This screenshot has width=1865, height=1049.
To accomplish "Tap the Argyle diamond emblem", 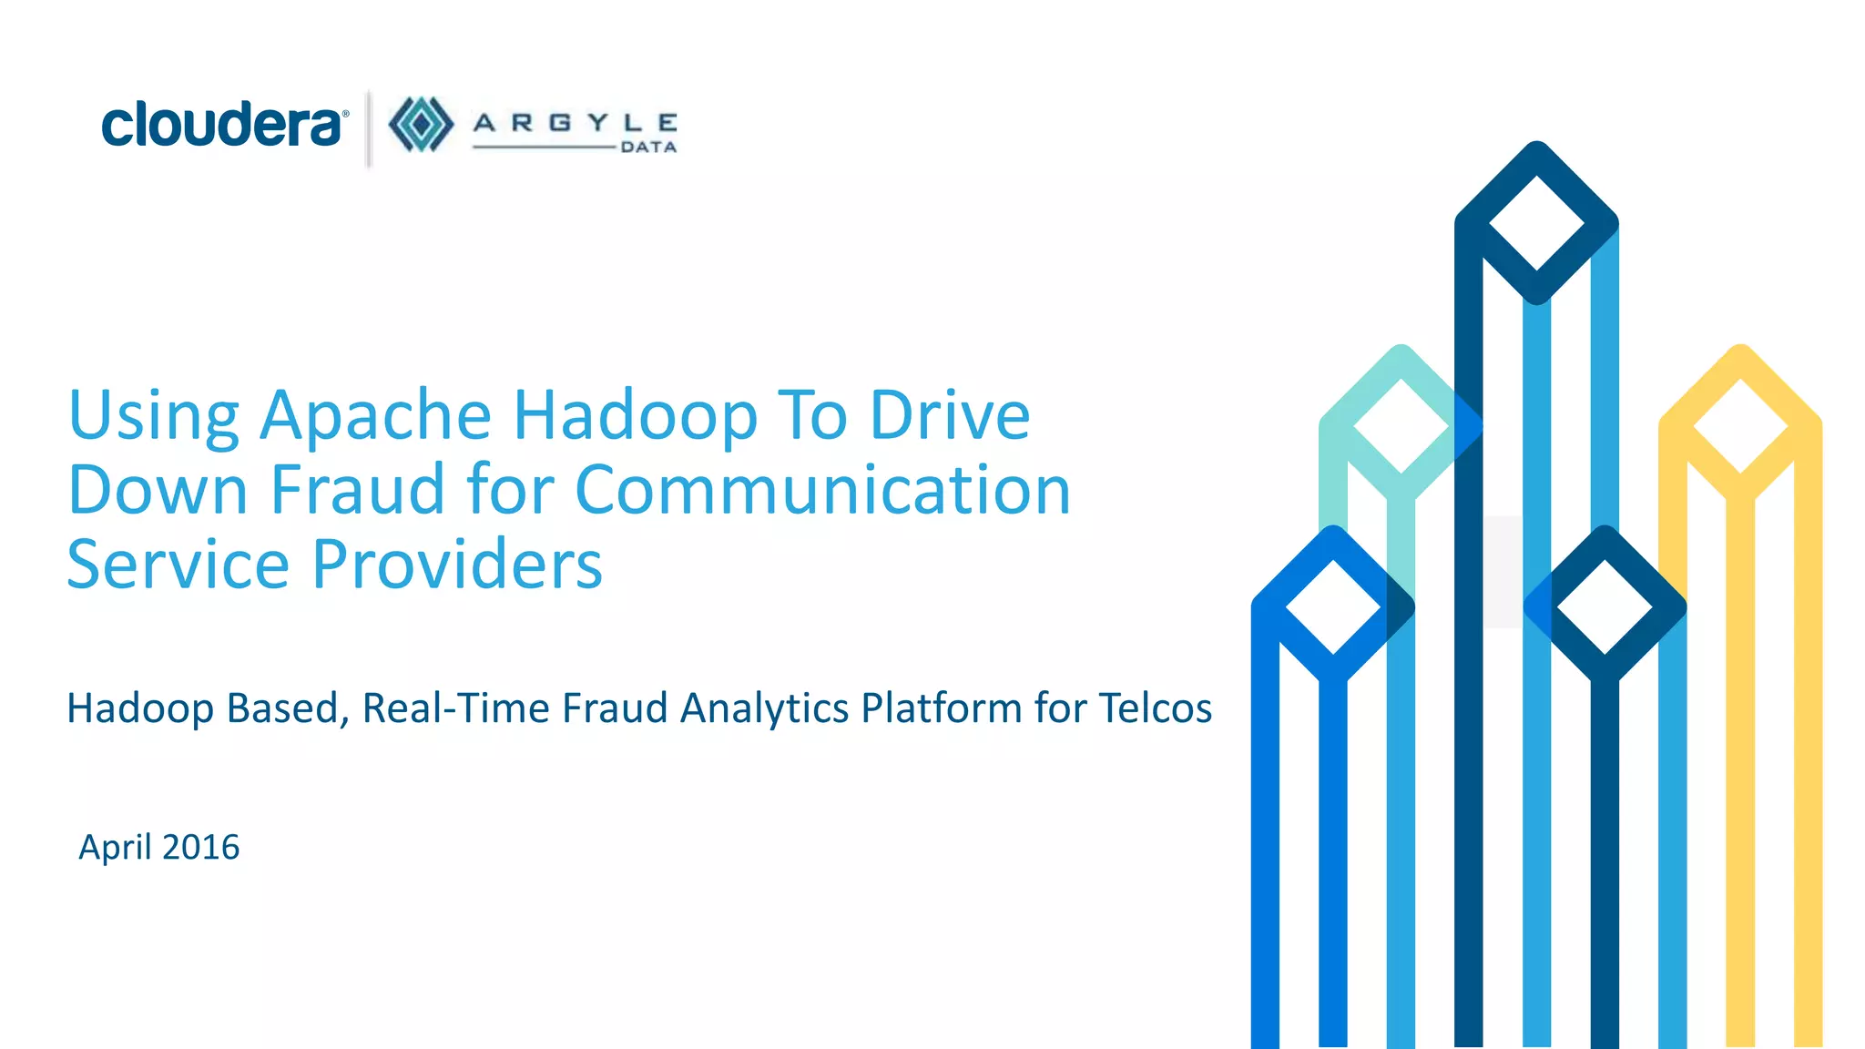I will [x=421, y=125].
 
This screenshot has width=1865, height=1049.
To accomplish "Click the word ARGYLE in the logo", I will [x=575, y=123].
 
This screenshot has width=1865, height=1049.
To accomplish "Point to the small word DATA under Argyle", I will [x=648, y=148].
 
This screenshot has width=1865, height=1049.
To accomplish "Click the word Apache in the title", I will [x=375, y=415].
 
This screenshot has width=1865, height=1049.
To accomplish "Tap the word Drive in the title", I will [x=950, y=415].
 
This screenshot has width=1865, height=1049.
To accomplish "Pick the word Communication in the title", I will [x=822, y=490].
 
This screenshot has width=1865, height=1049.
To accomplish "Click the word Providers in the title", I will [x=457, y=565].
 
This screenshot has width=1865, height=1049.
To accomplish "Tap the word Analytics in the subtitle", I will [x=764, y=708].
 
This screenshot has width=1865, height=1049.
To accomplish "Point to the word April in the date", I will [x=115, y=848].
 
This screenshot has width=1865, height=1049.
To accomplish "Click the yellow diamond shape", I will [x=1740, y=424].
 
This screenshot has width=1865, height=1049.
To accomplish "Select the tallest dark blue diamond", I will [x=1536, y=222].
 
